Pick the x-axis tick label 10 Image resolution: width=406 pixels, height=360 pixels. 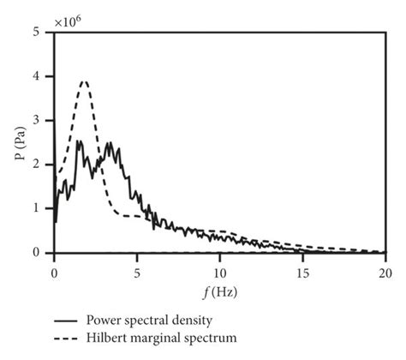point(220,273)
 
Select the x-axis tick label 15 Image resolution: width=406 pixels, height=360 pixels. point(302,273)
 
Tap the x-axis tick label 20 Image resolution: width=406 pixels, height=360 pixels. point(385,273)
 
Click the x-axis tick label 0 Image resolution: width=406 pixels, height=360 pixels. point(54,273)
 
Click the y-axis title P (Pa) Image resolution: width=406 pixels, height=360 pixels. point(17,142)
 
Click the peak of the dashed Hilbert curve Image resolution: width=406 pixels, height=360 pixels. point(83,81)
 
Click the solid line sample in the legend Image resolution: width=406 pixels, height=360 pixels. point(66,320)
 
